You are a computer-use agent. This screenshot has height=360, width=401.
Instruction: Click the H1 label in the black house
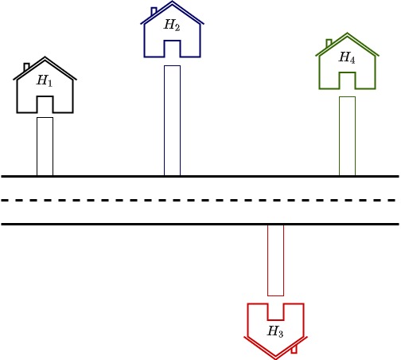coord(45,80)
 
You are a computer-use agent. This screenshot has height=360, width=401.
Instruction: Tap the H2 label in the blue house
coord(172,25)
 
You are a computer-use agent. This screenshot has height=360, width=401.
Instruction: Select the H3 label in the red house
coord(275,331)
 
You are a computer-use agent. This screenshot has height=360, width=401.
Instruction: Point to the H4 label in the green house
coord(347,57)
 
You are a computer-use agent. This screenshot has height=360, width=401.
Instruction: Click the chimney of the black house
coord(26,67)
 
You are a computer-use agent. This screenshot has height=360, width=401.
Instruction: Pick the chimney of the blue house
coord(154,11)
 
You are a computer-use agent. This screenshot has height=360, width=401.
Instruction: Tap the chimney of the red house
coord(294,349)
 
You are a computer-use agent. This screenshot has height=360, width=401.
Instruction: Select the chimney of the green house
coord(329,43)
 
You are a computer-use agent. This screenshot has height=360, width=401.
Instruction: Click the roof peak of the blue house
coord(172,2)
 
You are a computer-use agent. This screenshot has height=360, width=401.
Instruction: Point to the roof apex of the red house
coord(275,358)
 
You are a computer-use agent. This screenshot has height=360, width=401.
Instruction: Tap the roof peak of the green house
coord(347,33)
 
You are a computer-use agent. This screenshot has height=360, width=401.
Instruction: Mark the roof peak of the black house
coord(45,57)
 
